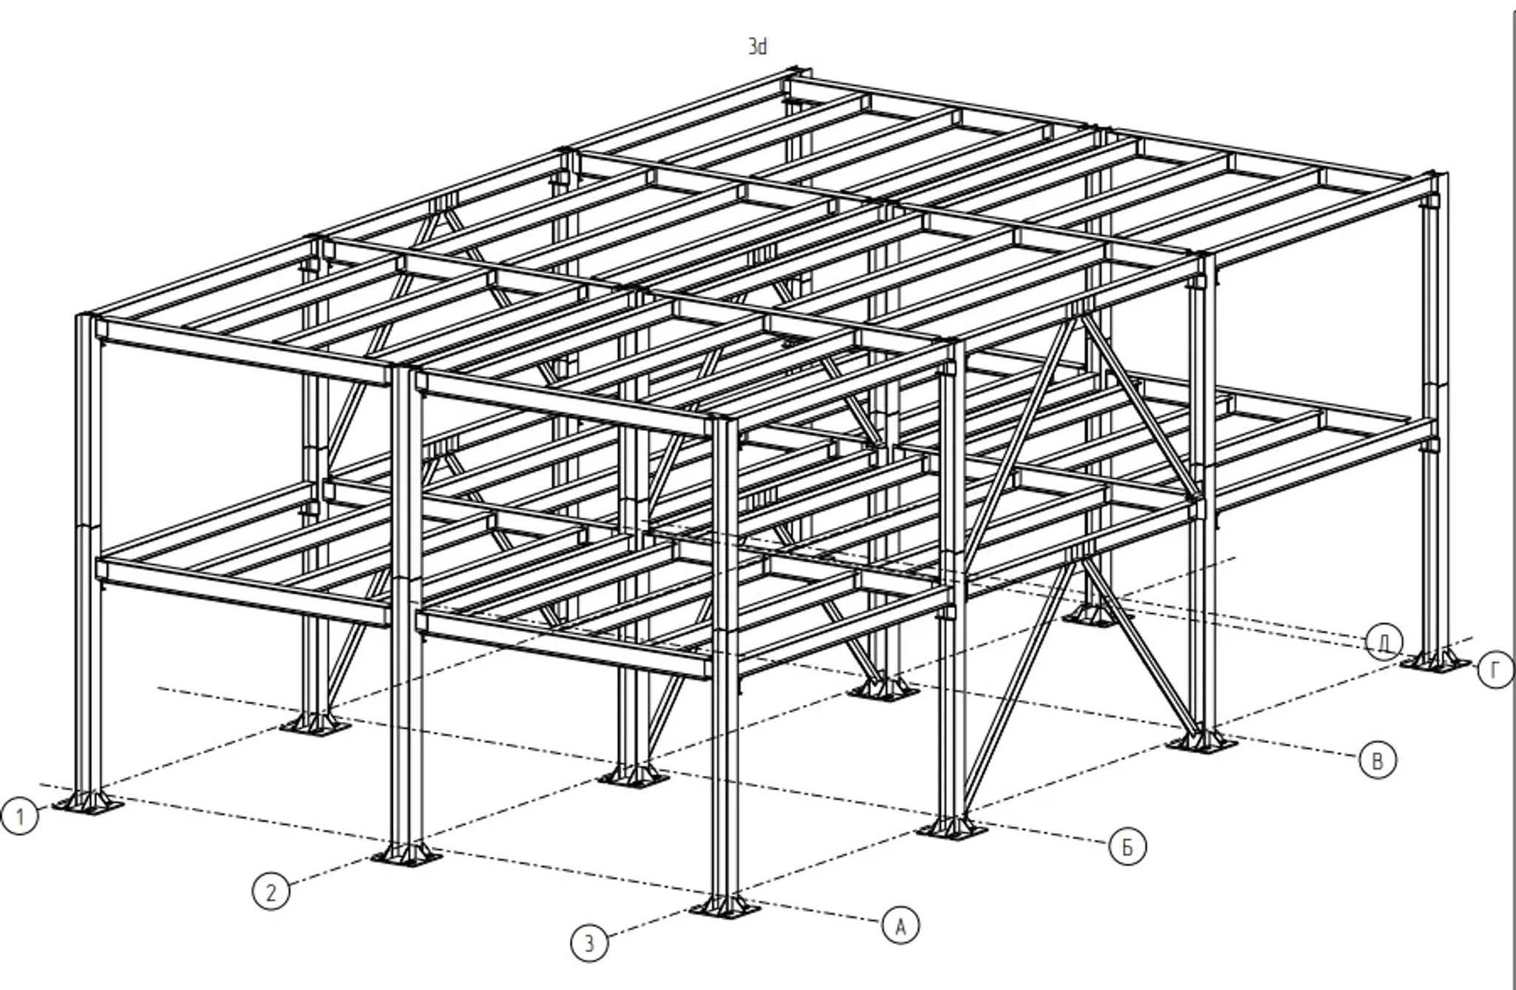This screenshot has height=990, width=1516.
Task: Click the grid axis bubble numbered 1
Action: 19,816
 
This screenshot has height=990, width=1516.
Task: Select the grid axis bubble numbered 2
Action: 271,892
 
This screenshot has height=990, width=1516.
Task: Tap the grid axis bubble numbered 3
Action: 589,943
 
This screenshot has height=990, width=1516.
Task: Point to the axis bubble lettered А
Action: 901,926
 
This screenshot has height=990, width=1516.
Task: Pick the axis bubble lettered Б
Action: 1127,846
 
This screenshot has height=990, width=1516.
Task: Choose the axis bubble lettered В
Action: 1378,761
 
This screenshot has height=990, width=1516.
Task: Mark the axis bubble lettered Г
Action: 1495,671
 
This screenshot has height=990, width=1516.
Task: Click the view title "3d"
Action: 757,47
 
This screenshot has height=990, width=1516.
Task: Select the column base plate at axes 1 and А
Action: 88,803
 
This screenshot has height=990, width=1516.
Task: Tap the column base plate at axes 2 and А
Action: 406,855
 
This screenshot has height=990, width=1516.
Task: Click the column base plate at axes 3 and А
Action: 725,907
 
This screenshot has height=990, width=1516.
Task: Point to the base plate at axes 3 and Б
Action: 951,828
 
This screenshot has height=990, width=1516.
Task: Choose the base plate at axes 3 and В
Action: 1201,742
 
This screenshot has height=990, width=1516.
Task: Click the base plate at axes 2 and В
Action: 882,691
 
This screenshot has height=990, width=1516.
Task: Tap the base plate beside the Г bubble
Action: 1436,660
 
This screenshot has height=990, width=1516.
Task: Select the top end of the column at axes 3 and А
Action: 725,420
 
